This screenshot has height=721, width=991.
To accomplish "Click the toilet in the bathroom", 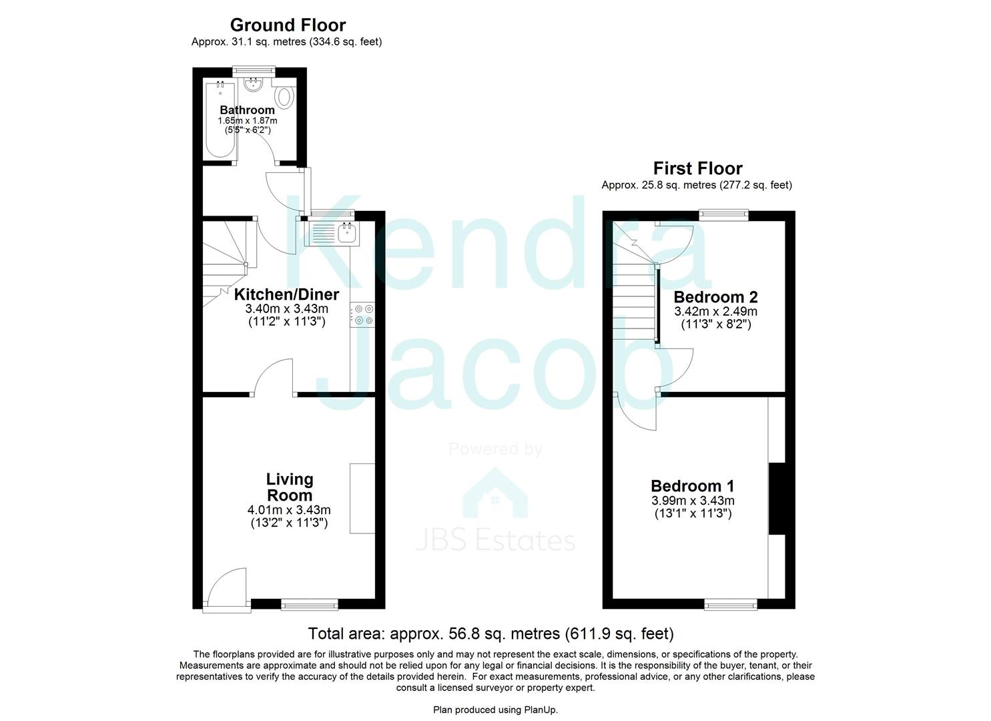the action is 284,97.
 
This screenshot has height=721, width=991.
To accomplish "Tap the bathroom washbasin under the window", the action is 254,85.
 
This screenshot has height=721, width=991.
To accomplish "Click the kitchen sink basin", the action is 347,233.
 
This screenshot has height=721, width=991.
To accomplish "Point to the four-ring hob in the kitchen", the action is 362,314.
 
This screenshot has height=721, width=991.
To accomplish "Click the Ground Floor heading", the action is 288,25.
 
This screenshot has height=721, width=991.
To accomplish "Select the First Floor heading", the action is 697,169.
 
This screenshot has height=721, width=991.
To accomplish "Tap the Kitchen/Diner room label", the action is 286,294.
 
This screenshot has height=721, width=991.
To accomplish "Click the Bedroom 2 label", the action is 715,296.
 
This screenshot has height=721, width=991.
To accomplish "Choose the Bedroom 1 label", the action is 693,486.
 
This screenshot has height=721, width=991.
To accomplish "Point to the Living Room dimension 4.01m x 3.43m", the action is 289,510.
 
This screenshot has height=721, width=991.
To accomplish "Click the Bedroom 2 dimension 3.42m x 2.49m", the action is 715,312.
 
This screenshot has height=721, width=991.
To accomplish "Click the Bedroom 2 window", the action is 723,216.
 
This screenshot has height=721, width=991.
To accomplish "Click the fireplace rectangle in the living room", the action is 362,499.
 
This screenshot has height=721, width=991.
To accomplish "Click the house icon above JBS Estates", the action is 495,493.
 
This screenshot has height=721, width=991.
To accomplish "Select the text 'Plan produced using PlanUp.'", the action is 495,710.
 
